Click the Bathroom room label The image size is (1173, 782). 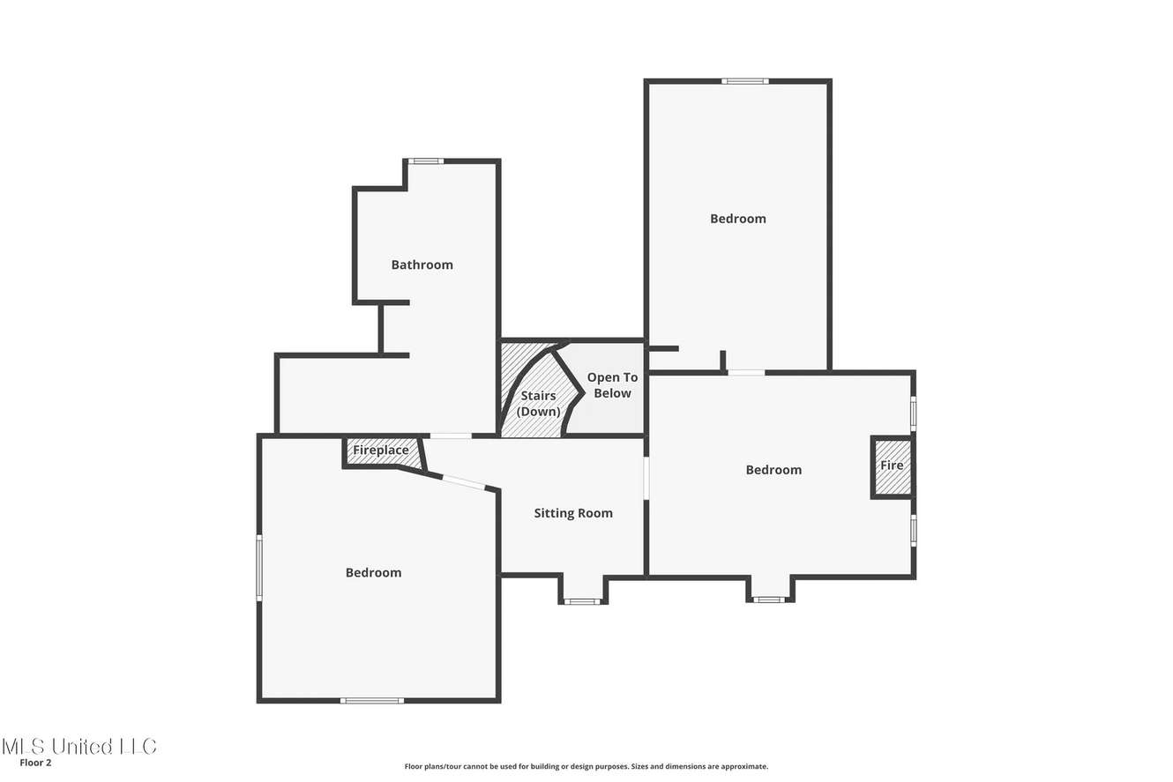click(x=422, y=264)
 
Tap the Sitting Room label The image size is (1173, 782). click(x=573, y=513)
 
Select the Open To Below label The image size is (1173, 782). click(x=612, y=385)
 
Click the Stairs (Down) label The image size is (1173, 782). click(x=538, y=404)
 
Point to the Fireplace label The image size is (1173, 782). click(x=381, y=451)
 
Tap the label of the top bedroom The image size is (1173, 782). click(x=738, y=219)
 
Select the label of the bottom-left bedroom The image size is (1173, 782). click(x=373, y=573)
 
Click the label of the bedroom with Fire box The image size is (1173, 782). click(x=773, y=470)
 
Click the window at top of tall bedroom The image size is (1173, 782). click(x=745, y=81)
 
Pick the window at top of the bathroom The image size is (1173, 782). click(x=426, y=161)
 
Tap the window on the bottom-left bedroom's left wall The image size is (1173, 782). click(x=259, y=568)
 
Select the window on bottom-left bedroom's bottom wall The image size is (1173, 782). click(x=372, y=700)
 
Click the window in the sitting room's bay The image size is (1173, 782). click(x=583, y=601)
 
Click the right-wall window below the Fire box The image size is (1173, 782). click(x=914, y=531)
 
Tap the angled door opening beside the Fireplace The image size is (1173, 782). click(x=464, y=482)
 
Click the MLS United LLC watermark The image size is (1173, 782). click(x=79, y=746)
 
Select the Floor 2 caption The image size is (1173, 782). click(x=35, y=763)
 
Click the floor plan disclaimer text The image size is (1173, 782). click(x=586, y=766)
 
